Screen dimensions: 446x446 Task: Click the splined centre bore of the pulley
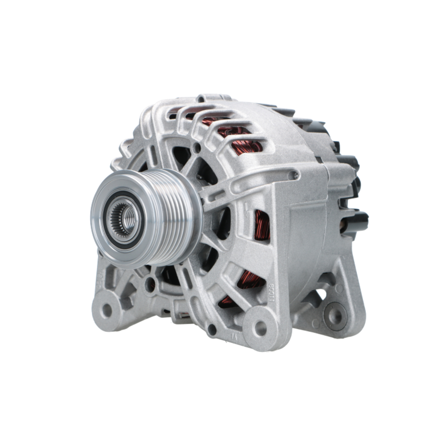(x=126, y=218)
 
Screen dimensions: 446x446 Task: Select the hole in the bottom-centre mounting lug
(x=260, y=329)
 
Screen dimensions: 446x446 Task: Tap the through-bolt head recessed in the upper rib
(x=294, y=176)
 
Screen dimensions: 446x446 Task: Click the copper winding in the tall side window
(x=262, y=225)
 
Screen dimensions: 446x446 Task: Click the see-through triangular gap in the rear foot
(x=319, y=295)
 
